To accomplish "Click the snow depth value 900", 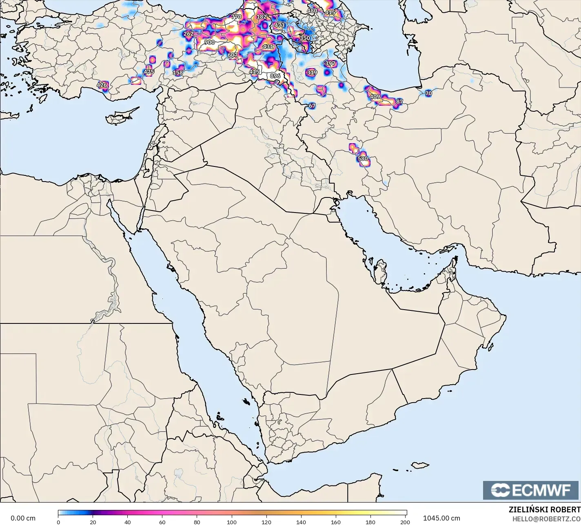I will [x=209, y=42].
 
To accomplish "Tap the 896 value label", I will [x=275, y=76].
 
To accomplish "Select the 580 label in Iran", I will [x=362, y=159].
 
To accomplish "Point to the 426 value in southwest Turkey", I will [x=102, y=85].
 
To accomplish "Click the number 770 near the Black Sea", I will [x=236, y=17].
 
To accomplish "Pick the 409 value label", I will [x=375, y=97].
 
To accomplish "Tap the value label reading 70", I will [x=428, y=93].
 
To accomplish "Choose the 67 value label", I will [x=312, y=106].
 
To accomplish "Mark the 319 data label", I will [x=312, y=73].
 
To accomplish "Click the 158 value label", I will [x=178, y=73].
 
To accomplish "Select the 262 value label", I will [x=188, y=34].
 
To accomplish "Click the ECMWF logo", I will [x=531, y=490].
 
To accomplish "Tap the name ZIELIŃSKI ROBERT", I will [x=544, y=509].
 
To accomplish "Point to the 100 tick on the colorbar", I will [x=232, y=522].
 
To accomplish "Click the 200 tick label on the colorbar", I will [x=405, y=522].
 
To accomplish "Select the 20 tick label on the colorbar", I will [x=93, y=522].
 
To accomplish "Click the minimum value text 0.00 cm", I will [x=23, y=518].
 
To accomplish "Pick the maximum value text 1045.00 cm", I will [x=441, y=518].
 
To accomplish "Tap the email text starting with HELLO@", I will [x=546, y=518].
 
